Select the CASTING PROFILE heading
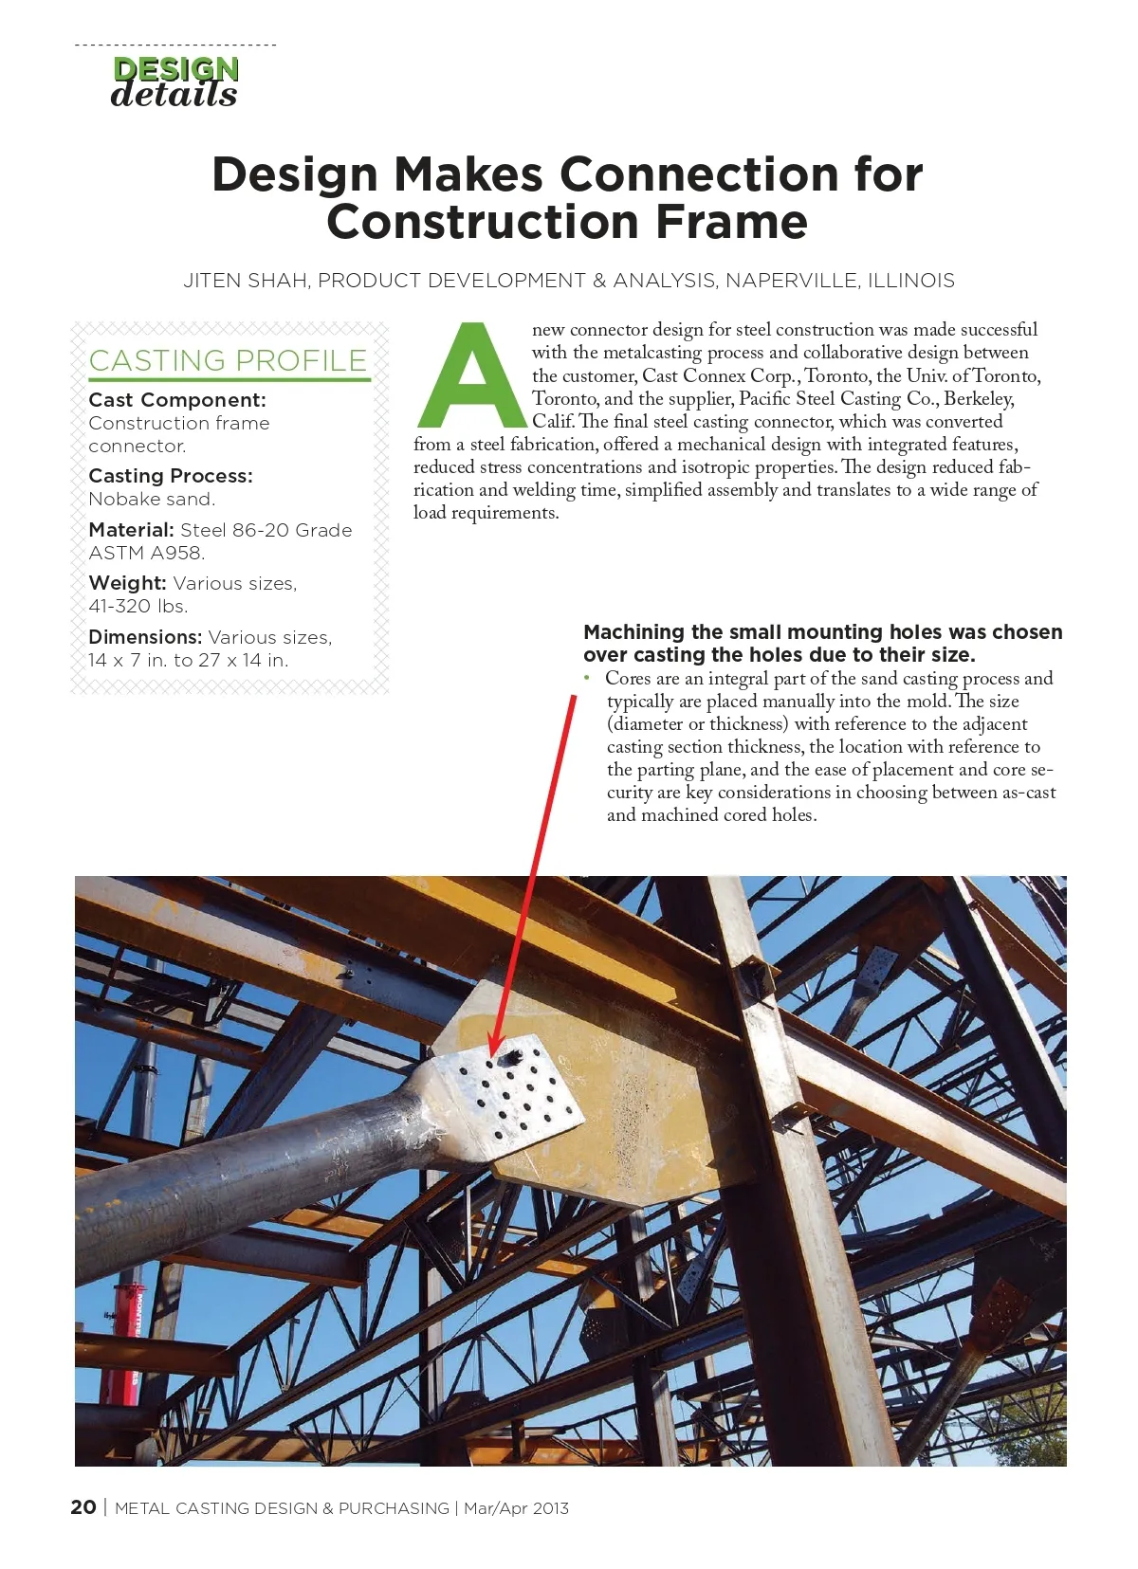pyautogui.click(x=228, y=360)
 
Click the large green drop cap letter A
pyautogui.click(x=471, y=376)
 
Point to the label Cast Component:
pyautogui.click(x=177, y=400)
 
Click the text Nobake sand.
pyautogui.click(x=152, y=499)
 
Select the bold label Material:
pyautogui.click(x=131, y=530)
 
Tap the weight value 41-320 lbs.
pyautogui.click(x=138, y=606)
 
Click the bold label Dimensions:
pyautogui.click(x=145, y=637)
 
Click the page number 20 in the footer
pyautogui.click(x=83, y=1507)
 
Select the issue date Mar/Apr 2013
pyautogui.click(x=516, y=1508)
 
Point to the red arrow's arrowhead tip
pyautogui.click(x=492, y=1052)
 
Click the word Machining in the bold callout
pyautogui.click(x=633, y=632)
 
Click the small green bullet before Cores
pyautogui.click(x=587, y=678)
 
